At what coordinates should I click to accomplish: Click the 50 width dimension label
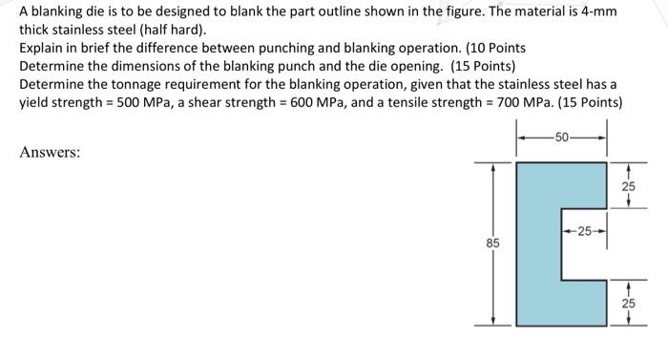tap(562, 138)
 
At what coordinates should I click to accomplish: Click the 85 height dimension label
tap(493, 244)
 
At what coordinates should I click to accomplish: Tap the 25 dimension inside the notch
tap(584, 231)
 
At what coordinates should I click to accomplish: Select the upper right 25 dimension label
tap(628, 186)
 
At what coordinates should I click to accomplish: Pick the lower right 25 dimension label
tap(628, 304)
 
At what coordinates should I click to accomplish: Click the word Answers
tap(50, 152)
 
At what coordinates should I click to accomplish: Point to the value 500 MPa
tap(144, 102)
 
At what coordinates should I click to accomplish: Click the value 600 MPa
tap(318, 102)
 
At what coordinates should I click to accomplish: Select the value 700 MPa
tap(524, 102)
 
